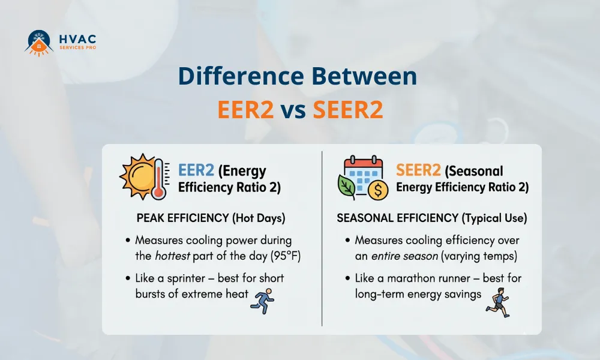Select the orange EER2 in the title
click(x=245, y=111)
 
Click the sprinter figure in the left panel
click(x=262, y=298)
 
